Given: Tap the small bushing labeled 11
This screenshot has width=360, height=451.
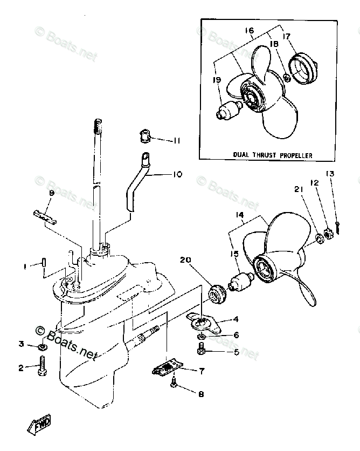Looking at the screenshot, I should [x=143, y=136].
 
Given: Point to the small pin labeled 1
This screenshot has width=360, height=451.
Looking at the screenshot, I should [x=44, y=263].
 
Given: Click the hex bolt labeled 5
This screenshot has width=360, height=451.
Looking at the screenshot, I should [x=200, y=352].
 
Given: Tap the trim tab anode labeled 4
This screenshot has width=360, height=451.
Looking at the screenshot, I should [x=204, y=324].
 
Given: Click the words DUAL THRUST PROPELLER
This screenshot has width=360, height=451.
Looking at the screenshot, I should [x=273, y=155].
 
